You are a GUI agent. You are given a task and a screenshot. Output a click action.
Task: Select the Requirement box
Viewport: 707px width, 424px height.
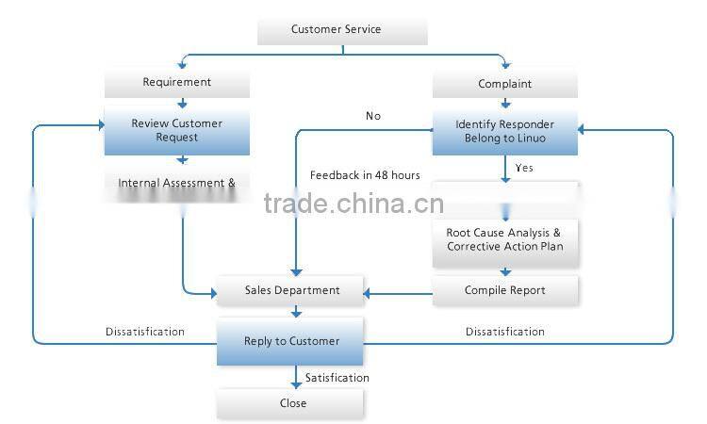tap(177, 82)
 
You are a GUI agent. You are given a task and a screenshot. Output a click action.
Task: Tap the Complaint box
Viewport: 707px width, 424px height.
tap(505, 84)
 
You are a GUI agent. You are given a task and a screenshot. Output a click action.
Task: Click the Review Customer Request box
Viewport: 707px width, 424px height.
tap(177, 131)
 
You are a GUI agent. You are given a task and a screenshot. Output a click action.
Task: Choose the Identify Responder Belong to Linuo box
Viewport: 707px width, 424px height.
tap(505, 131)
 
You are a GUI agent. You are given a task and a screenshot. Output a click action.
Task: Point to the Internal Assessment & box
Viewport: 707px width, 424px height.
tap(177, 183)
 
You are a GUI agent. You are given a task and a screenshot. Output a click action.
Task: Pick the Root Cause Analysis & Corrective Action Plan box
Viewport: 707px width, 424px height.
tap(505, 239)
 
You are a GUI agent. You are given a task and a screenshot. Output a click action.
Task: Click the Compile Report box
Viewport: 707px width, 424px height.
tap(505, 290)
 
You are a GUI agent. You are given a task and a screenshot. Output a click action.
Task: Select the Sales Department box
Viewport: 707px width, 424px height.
tap(290, 290)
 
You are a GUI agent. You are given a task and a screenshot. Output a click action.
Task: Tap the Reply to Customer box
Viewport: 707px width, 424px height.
tap(290, 341)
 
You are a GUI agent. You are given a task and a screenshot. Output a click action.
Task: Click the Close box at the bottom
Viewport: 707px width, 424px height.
tap(292, 403)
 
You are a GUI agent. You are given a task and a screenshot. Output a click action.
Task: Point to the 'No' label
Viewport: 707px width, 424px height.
tap(373, 116)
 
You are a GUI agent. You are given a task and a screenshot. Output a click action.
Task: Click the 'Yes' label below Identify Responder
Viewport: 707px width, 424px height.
tap(524, 168)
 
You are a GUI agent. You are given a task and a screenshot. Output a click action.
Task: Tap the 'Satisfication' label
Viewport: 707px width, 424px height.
tap(337, 378)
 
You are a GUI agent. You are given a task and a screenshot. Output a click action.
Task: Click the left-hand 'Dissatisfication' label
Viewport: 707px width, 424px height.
tap(144, 332)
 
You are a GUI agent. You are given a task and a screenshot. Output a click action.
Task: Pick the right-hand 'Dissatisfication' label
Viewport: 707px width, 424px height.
tap(505, 332)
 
